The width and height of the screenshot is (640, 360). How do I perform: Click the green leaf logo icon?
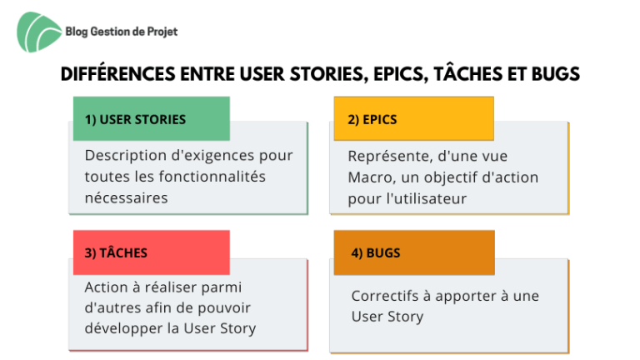tap(38, 32)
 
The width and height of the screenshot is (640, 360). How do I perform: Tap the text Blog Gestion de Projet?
tap(122, 32)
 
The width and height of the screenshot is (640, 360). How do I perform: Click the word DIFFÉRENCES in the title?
tap(118, 74)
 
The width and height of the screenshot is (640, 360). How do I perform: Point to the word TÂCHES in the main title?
tap(468, 73)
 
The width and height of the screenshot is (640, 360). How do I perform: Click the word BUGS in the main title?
tap(556, 74)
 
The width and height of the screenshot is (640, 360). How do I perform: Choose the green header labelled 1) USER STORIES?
tap(152, 119)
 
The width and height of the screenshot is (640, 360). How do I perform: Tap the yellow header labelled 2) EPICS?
tap(414, 119)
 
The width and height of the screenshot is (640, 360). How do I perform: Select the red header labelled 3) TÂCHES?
tap(152, 252)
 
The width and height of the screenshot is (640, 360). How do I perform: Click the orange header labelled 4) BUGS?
tap(414, 252)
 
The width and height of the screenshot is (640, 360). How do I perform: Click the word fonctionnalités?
tap(212, 177)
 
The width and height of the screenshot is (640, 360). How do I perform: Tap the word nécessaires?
tap(126, 198)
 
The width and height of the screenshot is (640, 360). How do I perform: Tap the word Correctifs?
tap(385, 296)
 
